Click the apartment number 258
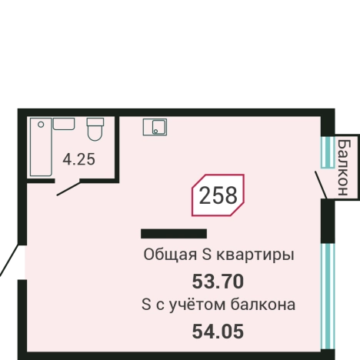(x=218, y=196)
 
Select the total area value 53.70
(x=218, y=280)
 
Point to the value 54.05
(x=218, y=332)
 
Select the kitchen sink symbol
(x=155, y=127)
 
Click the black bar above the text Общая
(x=174, y=233)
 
